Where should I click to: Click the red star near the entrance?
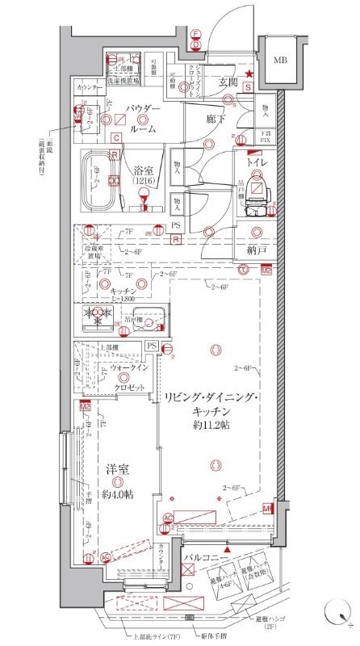pos(249,75)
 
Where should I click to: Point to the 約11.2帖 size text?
pos(210,426)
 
